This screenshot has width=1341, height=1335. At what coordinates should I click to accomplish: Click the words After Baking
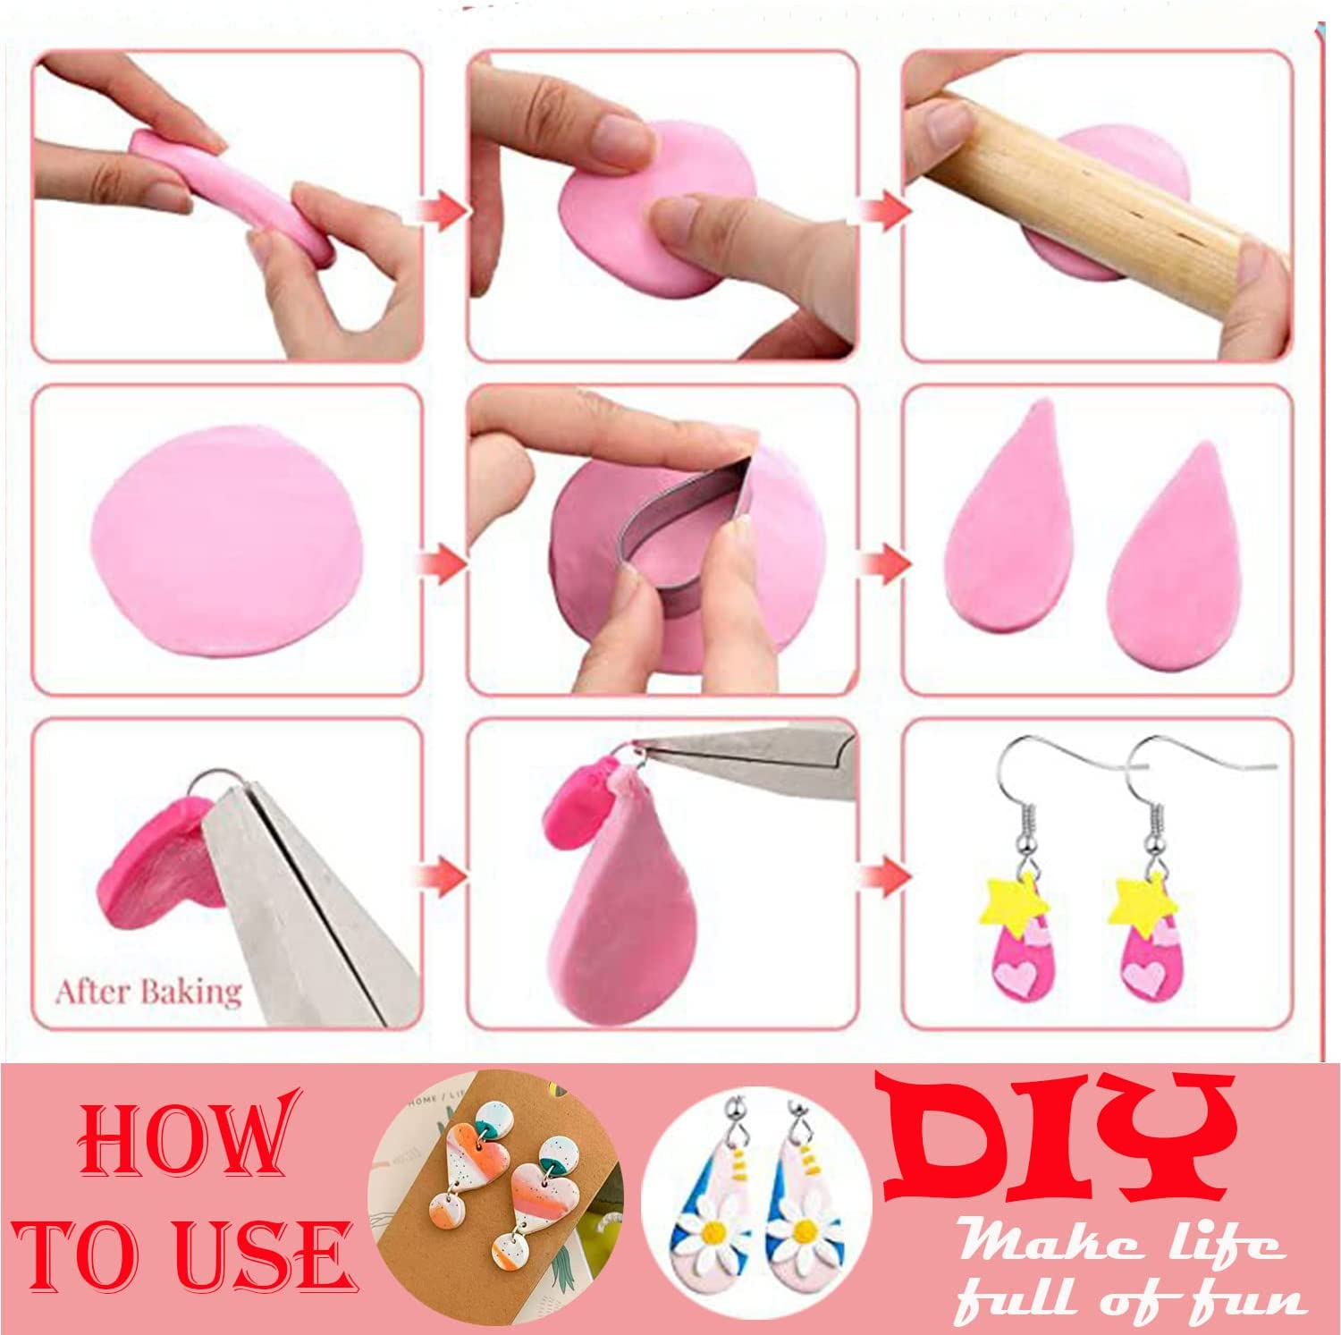148,993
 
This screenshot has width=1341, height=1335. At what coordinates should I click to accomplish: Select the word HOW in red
186,1140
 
